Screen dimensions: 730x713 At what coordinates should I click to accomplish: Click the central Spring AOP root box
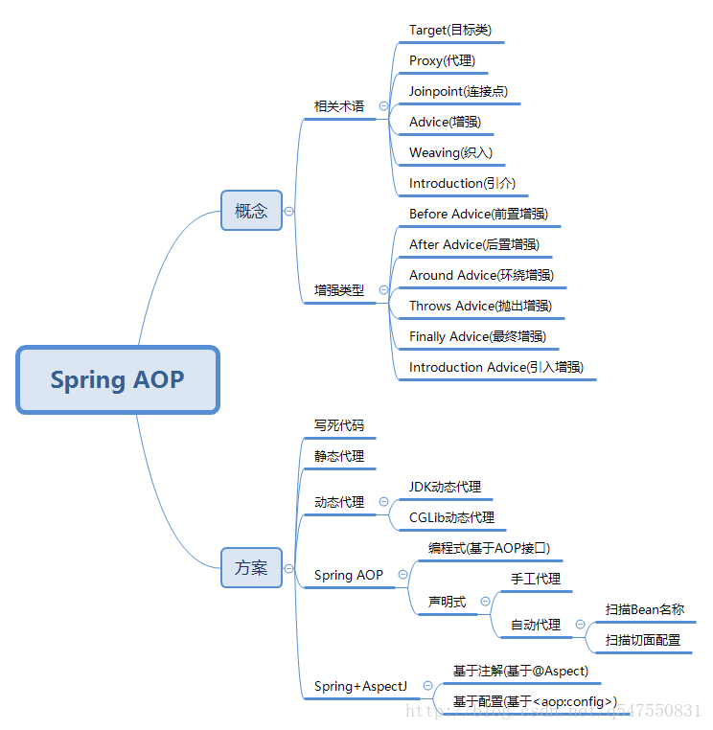pyautogui.click(x=117, y=379)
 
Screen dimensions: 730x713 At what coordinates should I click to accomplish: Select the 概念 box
pyautogui.click(x=251, y=211)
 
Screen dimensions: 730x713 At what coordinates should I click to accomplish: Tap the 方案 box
pyautogui.click(x=251, y=567)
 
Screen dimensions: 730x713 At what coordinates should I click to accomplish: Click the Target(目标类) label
pyautogui.click(x=449, y=30)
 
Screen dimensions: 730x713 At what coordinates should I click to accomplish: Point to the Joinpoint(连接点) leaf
pyautogui.click(x=458, y=91)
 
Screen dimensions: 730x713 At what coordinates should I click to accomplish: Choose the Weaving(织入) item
pyautogui.click(x=450, y=152)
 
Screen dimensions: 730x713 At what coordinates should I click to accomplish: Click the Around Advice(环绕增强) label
pyautogui.click(x=481, y=275)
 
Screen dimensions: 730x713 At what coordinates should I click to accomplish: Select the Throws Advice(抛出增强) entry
pyautogui.click(x=480, y=306)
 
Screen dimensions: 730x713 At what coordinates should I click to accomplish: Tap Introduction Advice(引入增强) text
pyautogui.click(x=496, y=367)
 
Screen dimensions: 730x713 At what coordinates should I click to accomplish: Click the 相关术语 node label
pyautogui.click(x=339, y=106)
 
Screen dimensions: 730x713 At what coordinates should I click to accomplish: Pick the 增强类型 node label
pyautogui.click(x=339, y=289)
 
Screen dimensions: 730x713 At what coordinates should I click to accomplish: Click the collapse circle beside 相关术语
pyautogui.click(x=383, y=106)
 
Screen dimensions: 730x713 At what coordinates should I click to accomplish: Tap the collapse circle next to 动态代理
pyautogui.click(x=383, y=501)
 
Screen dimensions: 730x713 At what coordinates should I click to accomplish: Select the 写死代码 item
pyautogui.click(x=339, y=425)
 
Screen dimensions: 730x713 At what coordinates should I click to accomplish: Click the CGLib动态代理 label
pyautogui.click(x=451, y=517)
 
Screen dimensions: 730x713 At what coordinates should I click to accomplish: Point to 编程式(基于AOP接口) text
pyautogui.click(x=489, y=548)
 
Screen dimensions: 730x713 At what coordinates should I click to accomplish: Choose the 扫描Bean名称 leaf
pyautogui.click(x=644, y=609)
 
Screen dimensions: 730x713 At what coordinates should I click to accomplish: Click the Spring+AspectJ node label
pyautogui.click(x=360, y=686)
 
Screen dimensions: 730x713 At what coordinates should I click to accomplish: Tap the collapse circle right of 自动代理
pyautogui.click(x=580, y=625)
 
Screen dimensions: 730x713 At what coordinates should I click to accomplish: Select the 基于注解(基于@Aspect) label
pyautogui.click(x=520, y=671)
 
